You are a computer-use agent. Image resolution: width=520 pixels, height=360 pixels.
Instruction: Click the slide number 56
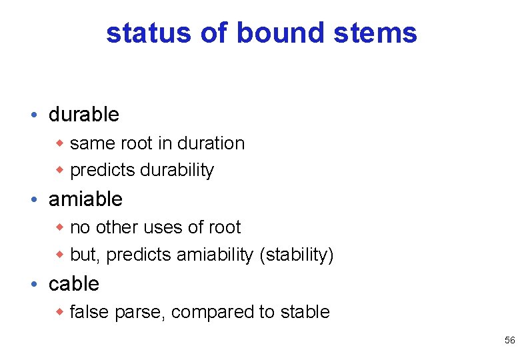pos(509,341)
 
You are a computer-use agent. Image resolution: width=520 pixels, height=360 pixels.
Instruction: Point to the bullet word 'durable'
pos(84,115)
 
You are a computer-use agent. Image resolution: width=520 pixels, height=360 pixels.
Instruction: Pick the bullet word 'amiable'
pos(85,199)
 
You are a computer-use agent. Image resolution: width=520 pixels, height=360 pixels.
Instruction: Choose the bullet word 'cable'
pos(74,284)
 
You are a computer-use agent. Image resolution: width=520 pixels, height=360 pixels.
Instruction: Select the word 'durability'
pos(177,171)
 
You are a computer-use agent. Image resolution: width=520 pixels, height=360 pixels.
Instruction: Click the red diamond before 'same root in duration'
pos(59,143)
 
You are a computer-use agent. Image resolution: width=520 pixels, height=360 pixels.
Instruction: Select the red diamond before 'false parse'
pos(59,312)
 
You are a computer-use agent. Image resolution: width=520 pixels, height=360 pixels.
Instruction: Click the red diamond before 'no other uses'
pos(59,227)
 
